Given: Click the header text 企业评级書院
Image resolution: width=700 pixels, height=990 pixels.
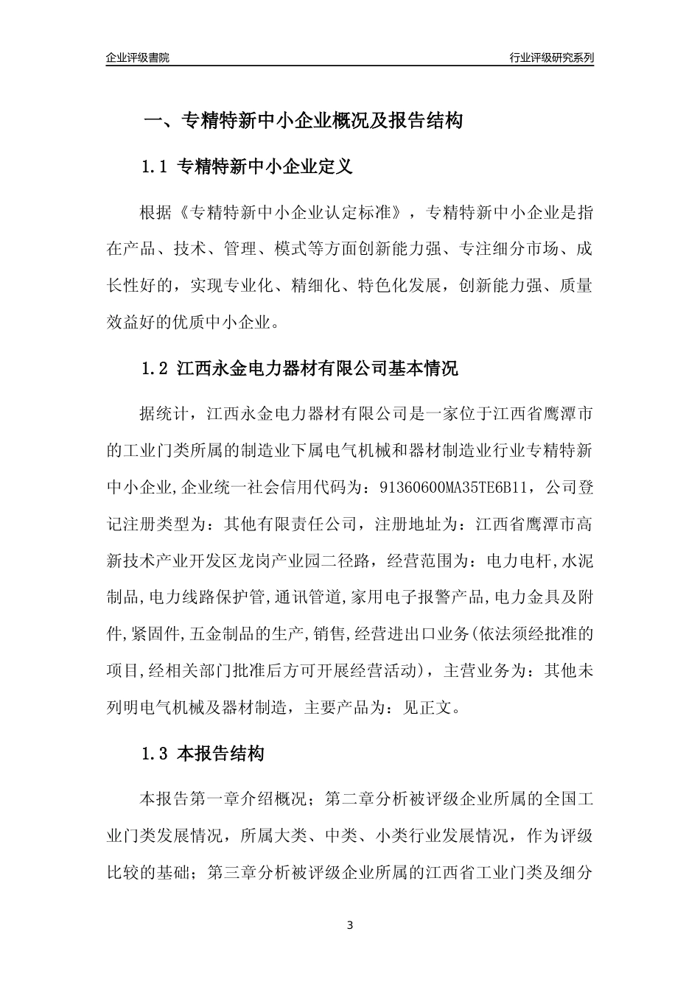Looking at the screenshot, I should point(137,57).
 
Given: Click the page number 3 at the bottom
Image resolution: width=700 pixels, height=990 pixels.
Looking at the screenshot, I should point(350,925).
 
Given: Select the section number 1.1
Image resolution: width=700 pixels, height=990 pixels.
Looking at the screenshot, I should point(155,167).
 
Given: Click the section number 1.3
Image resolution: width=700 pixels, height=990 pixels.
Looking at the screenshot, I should point(155,754).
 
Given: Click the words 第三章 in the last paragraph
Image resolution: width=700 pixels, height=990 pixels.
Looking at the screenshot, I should point(234,873).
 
